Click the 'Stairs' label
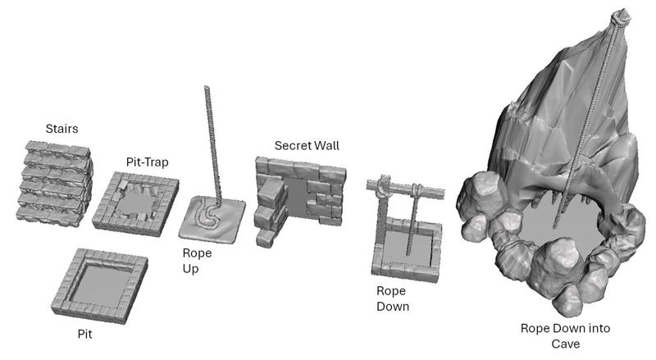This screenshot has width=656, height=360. tap(62, 129)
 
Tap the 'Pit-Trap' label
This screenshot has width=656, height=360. tap(148, 162)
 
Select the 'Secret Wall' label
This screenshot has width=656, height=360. tap(307, 146)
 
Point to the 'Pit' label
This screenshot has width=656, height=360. tap(85, 334)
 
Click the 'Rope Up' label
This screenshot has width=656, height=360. tap(197, 261)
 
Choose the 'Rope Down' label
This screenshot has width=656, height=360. tap(393, 298)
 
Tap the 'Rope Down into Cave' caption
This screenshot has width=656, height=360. tap(565, 336)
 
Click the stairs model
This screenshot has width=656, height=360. tap(54, 184)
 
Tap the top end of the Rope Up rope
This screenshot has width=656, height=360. tap(207, 87)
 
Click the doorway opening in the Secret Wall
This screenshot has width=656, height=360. tap(298, 198)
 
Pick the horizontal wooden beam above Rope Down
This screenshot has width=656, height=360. tap(405, 190)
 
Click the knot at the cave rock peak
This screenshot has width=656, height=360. tap(621, 17)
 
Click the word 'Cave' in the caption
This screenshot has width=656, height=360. tap(565, 344)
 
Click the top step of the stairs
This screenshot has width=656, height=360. tap(57, 148)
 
